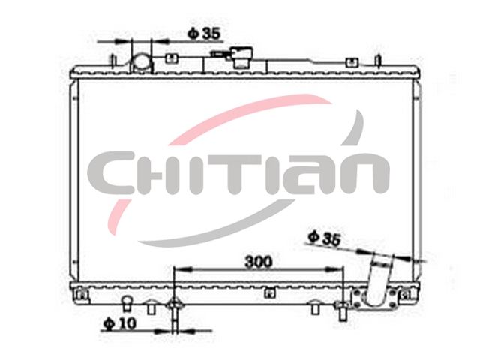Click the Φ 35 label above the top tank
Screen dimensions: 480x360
204,34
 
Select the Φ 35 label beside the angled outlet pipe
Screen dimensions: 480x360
325,238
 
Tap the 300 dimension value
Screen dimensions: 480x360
258,262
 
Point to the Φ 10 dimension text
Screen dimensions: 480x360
119,323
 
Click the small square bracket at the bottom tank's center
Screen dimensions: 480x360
268,293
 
